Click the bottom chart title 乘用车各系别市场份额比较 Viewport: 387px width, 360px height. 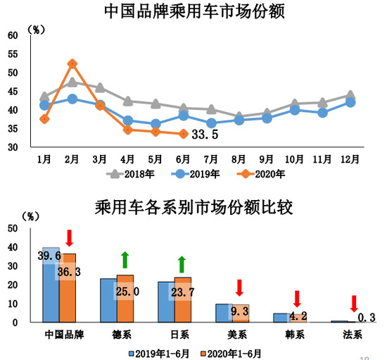(x=193, y=209)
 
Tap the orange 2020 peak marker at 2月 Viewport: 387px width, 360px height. (x=72, y=64)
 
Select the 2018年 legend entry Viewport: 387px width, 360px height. (x=134, y=173)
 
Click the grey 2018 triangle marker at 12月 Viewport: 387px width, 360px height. (x=350, y=95)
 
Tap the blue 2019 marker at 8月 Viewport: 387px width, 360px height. (x=239, y=120)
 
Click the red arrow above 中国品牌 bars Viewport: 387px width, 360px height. (x=68, y=239)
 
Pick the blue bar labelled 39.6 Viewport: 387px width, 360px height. (x=51, y=285)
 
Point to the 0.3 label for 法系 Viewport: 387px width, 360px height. (x=364, y=317)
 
